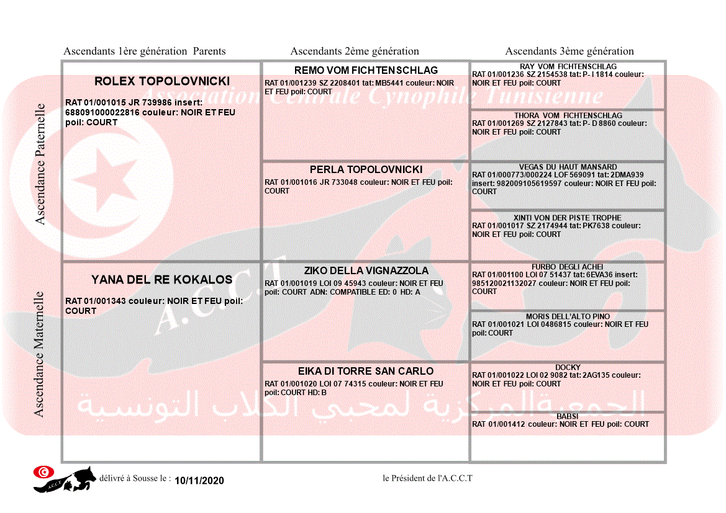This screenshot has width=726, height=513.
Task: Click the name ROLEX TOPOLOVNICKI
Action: pos(162,81)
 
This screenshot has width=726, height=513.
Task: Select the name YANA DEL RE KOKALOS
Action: pos(162,280)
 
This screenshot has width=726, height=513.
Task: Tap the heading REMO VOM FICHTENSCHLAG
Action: pos(366,70)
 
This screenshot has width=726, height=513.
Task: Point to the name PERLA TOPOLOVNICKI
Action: pos(366,169)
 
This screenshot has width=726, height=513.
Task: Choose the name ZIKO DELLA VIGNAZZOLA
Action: pos(366,270)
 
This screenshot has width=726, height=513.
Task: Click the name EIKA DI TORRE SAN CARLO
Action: pos(366,371)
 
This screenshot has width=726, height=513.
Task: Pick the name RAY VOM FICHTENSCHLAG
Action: pos(568,66)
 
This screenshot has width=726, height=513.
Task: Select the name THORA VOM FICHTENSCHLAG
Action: pos(568,115)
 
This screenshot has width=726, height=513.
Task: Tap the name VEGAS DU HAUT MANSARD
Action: pos(568,167)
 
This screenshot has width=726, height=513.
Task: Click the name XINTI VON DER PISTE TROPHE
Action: pos(568,218)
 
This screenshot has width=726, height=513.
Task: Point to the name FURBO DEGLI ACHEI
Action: pos(568,267)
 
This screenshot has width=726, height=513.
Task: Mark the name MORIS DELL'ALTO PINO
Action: pos(568,316)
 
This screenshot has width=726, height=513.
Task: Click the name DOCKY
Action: pos(568,367)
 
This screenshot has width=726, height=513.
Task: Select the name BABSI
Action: pos(568,416)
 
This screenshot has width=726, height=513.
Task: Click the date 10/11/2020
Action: pos(199,481)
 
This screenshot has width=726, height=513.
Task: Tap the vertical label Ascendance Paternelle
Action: pos(40,164)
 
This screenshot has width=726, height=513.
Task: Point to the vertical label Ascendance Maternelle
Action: pos(39,354)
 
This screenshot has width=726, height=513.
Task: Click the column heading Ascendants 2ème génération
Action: pos(355,51)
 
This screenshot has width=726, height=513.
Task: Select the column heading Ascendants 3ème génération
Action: pos(569,51)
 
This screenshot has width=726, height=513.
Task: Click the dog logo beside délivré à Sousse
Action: pos(63,478)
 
